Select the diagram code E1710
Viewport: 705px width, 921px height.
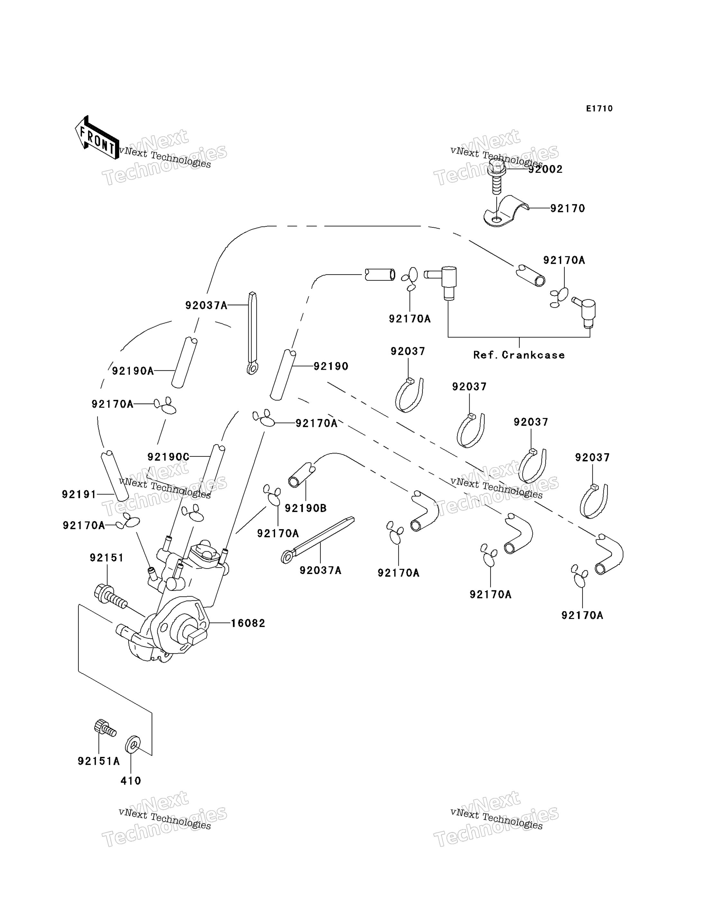coord(599,109)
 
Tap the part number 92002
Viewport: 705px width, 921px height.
coord(545,169)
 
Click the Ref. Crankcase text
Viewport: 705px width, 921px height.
coord(519,355)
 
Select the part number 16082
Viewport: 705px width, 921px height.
coord(248,623)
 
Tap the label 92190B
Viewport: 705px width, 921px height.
coord(306,508)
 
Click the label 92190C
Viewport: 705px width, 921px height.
coord(168,456)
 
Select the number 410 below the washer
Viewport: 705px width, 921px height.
coord(131,781)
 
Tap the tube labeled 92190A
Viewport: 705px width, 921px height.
coord(184,363)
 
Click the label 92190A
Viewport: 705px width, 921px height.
coord(133,371)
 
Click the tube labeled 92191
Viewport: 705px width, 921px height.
coord(114,476)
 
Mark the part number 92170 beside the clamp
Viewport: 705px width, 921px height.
coord(567,208)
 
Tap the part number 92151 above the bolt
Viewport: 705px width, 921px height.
coord(106,558)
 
